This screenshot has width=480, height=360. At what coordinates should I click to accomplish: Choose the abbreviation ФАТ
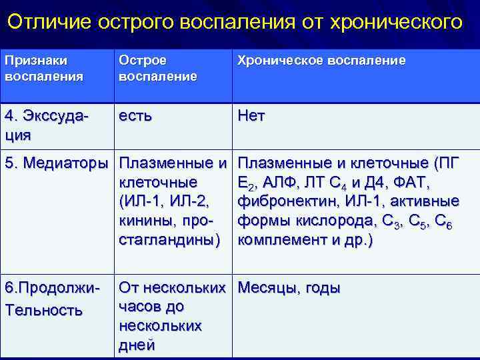(413, 182)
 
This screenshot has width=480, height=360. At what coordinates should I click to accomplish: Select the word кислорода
(328, 221)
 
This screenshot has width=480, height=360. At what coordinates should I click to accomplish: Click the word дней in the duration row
(137, 345)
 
